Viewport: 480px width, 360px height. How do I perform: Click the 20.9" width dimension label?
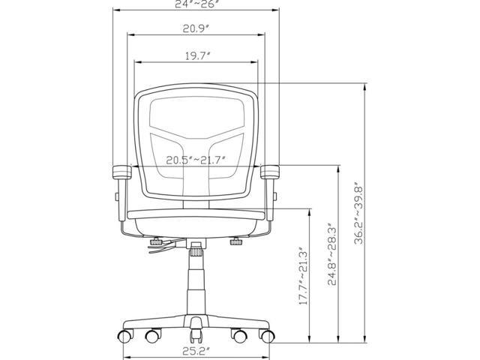(x=196, y=28)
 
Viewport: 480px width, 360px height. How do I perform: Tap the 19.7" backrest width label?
(x=197, y=56)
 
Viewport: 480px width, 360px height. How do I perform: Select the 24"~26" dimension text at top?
(x=196, y=4)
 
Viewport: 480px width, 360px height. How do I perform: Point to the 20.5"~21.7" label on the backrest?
(x=196, y=160)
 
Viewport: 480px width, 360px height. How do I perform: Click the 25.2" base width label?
(x=196, y=351)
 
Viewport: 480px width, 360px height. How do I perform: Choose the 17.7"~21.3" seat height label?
(x=303, y=275)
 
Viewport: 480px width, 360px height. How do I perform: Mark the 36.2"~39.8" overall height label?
(x=358, y=214)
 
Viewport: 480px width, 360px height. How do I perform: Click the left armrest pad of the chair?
(x=121, y=172)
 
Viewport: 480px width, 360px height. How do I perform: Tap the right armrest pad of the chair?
(x=270, y=172)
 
